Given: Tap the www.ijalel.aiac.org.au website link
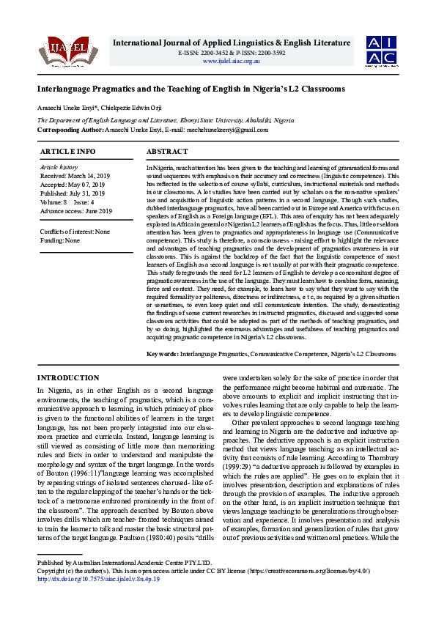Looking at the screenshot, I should [x=231, y=62].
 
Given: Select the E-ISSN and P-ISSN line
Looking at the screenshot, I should [x=232, y=53].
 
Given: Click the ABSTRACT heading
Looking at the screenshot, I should [x=167, y=152].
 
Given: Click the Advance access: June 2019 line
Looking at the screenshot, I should [x=75, y=211].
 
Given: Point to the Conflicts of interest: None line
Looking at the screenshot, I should [x=75, y=232].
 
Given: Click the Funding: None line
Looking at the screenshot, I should [x=59, y=240].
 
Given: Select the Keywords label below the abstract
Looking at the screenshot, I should [x=161, y=354].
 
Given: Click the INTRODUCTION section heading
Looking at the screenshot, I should [x=67, y=378].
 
